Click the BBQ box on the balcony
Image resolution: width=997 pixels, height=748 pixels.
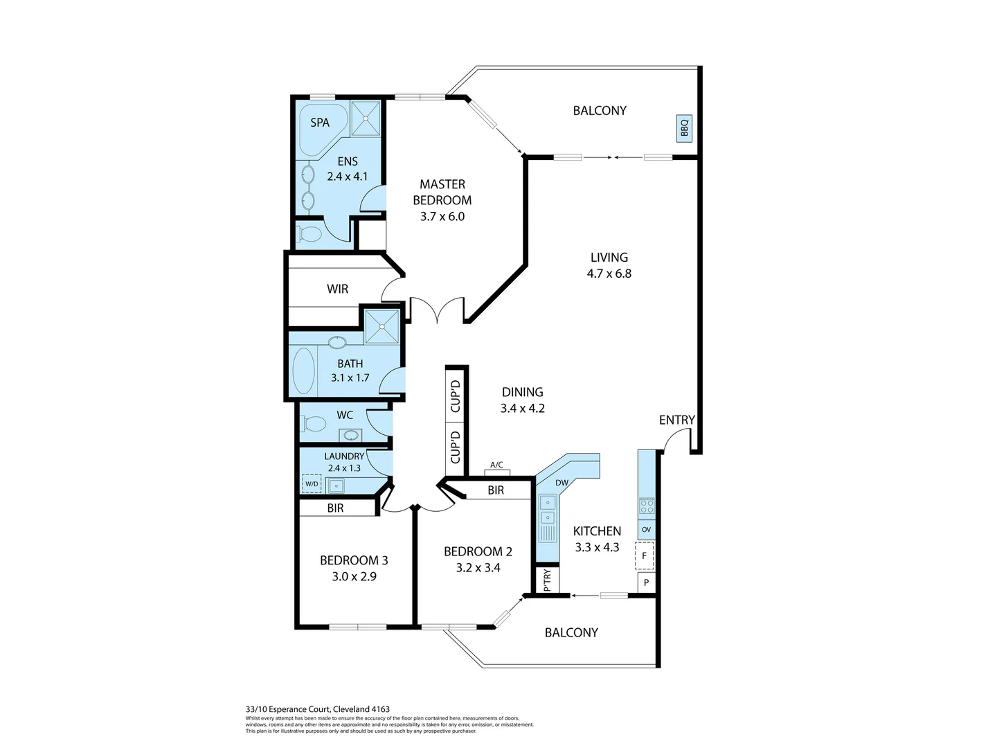pos(684,129)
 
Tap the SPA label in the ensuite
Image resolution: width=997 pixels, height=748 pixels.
pos(320,123)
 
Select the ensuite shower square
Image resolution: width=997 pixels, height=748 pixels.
pos(365,118)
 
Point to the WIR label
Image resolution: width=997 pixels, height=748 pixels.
pos(337,289)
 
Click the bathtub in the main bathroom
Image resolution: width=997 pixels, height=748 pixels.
pos(304,371)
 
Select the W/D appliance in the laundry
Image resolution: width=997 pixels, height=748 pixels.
pos(312,483)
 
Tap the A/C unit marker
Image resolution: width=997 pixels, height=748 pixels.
pos(496,471)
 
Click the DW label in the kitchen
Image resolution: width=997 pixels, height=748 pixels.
pos(562,483)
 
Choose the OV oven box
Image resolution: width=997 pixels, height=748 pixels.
pos(646,530)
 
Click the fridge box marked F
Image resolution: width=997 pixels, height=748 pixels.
pos(645,555)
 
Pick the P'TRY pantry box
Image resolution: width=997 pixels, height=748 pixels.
pos(547,580)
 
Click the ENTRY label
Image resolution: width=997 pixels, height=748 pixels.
pos(676,420)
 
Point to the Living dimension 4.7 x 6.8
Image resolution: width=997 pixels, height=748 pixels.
pos(609,274)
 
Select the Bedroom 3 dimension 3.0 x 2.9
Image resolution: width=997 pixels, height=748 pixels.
pos(354,576)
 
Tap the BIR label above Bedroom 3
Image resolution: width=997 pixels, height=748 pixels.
pos(335,508)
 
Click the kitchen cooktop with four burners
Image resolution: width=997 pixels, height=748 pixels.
pos(646,506)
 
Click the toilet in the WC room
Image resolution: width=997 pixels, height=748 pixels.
pos(315,423)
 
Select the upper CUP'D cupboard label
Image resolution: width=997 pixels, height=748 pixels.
pos(456,396)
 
